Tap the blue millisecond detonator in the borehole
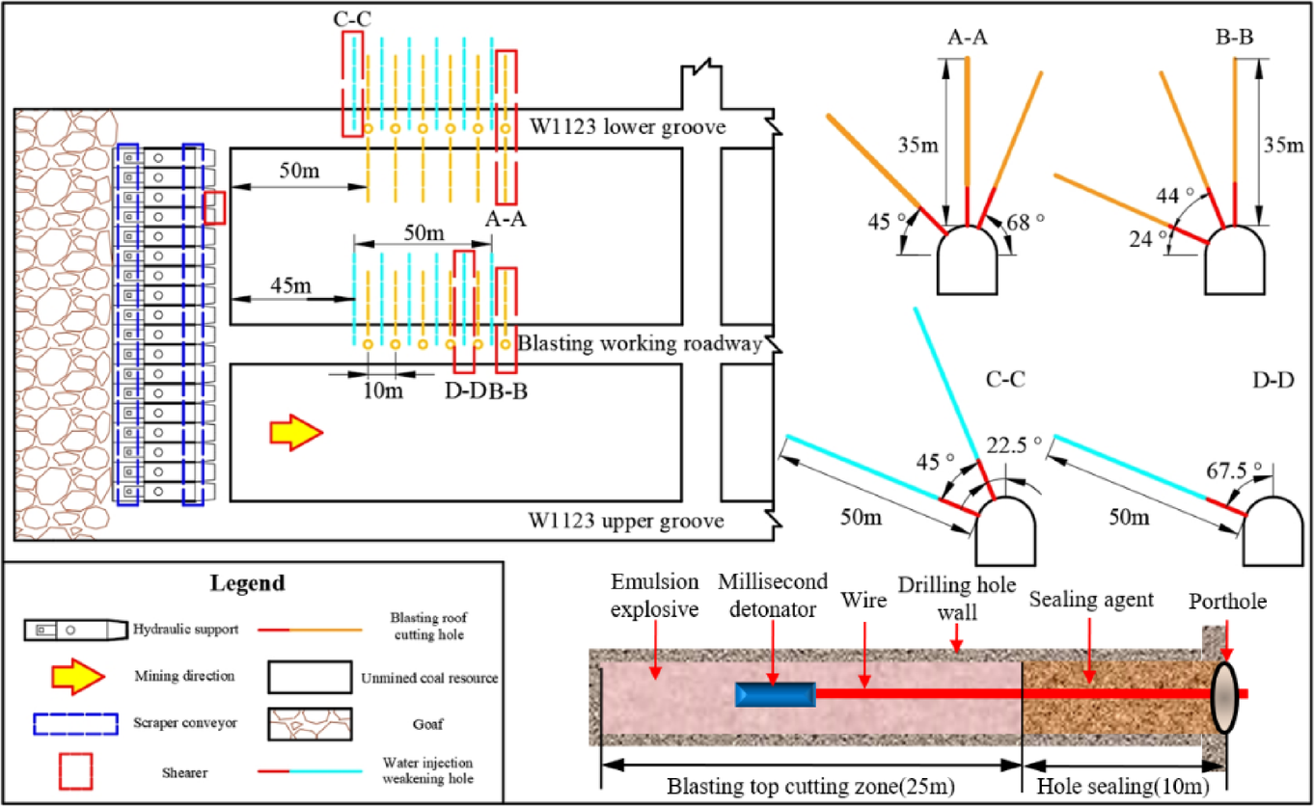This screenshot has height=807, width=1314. pos(775,694)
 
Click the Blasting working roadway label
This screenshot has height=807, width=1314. pos(639,344)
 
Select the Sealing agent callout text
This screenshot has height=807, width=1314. pos(1091,600)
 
